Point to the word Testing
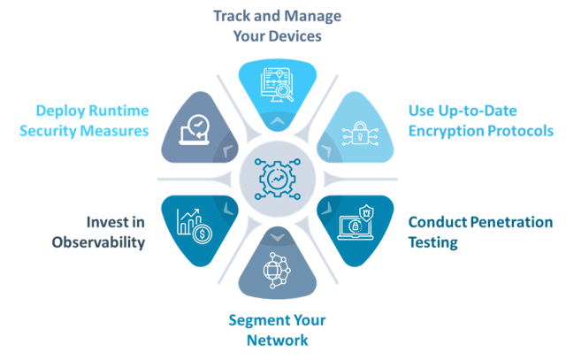tap(433, 242)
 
